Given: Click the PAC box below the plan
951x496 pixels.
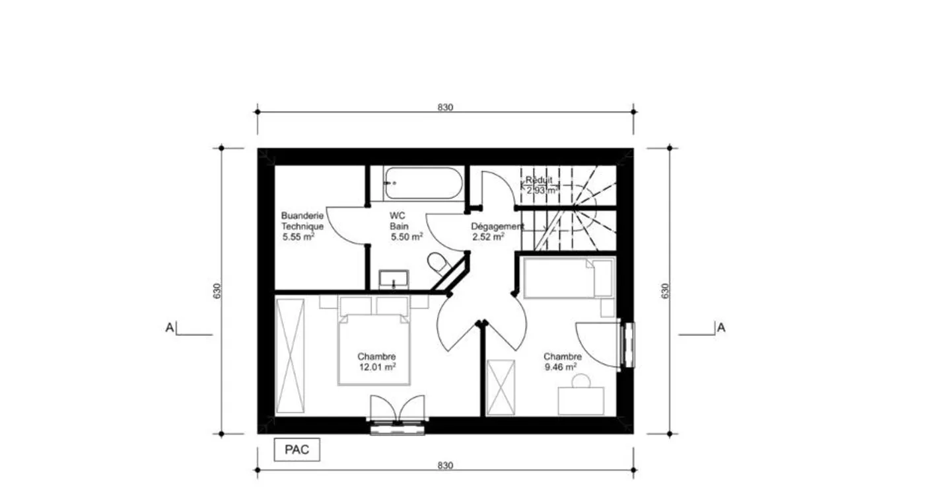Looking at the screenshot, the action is pyautogui.click(x=297, y=450).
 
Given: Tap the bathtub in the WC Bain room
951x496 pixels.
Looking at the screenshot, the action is pyautogui.click(x=423, y=183).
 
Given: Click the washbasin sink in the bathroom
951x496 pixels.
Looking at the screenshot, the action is pyautogui.click(x=394, y=280).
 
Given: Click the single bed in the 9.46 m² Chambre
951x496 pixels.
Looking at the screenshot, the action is pyautogui.click(x=569, y=277).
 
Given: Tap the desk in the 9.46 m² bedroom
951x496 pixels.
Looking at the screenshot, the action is pyautogui.click(x=581, y=401).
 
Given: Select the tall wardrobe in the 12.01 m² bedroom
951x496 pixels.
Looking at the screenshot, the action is pyautogui.click(x=290, y=356).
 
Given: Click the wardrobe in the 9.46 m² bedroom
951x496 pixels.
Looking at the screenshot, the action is pyautogui.click(x=501, y=387).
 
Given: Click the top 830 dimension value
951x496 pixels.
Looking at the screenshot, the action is pyautogui.click(x=445, y=108).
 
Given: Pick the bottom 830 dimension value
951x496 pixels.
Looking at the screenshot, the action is pyautogui.click(x=445, y=466).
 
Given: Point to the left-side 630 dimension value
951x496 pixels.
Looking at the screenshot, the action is pyautogui.click(x=217, y=291).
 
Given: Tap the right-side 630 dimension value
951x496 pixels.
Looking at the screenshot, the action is pyautogui.click(x=665, y=291).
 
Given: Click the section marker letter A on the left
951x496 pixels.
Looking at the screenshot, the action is pyautogui.click(x=169, y=328).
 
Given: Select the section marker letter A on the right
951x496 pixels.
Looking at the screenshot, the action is pyautogui.click(x=721, y=328).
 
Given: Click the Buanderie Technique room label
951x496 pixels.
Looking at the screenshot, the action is pyautogui.click(x=302, y=221).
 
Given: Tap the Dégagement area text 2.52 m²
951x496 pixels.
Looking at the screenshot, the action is pyautogui.click(x=488, y=237).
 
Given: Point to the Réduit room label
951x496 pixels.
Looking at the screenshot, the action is pyautogui.click(x=539, y=180).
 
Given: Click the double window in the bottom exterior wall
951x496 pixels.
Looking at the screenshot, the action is pyautogui.click(x=398, y=427).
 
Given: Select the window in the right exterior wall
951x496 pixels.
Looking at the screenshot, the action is pyautogui.click(x=628, y=345).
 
